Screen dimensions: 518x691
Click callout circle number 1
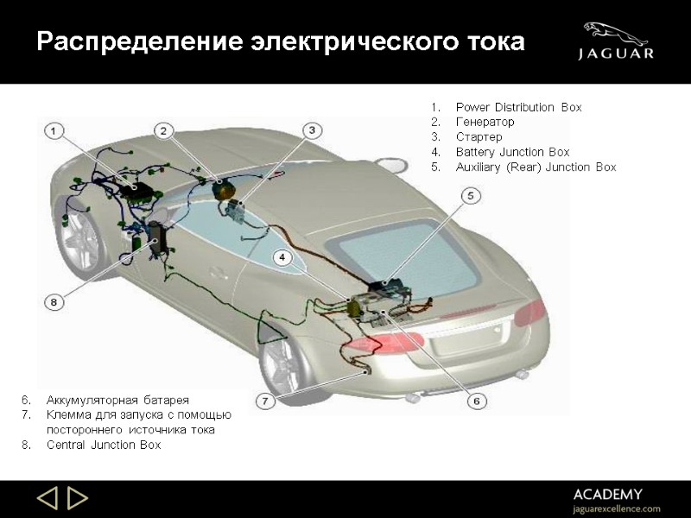point(54,130)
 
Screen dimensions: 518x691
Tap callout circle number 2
point(163,130)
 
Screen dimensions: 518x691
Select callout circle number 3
point(312,130)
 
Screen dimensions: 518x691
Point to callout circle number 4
point(282,257)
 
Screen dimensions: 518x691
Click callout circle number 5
point(471,196)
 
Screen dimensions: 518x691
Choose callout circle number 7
point(266,401)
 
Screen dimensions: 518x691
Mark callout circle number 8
point(54,302)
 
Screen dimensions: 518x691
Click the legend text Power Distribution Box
point(518,108)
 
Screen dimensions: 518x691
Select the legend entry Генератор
point(485,123)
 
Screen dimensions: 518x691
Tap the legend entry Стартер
point(479,137)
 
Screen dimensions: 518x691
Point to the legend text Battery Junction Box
point(512,152)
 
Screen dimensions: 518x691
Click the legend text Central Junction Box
point(104,445)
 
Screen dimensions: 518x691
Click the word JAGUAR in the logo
point(615,54)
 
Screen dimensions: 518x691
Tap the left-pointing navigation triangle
point(48,499)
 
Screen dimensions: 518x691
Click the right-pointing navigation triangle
point(78,499)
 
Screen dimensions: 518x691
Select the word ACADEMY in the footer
point(608,494)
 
